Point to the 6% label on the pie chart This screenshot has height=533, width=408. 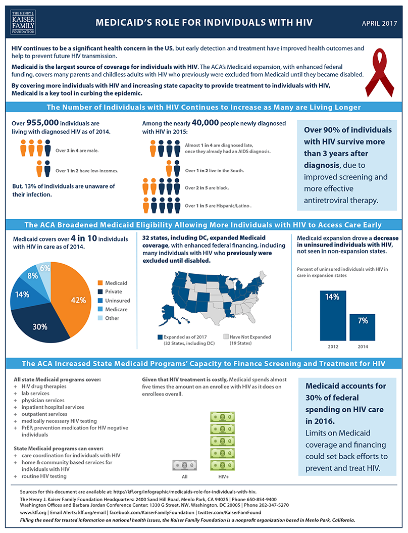click(x=45, y=268)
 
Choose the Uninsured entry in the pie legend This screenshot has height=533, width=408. click(x=117, y=301)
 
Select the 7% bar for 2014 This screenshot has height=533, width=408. click(x=363, y=327)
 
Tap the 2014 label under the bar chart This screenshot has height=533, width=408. click(x=363, y=347)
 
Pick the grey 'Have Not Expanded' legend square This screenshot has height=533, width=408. click(x=226, y=336)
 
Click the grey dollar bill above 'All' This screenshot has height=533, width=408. click(x=184, y=465)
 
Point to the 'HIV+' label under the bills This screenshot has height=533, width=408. click(x=223, y=476)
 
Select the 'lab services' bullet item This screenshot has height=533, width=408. click(x=35, y=393)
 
